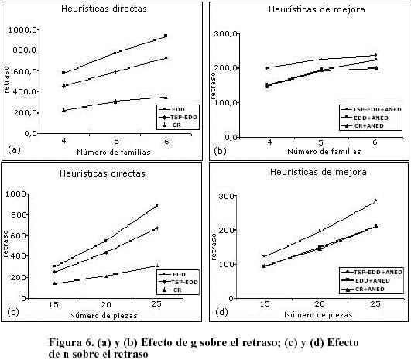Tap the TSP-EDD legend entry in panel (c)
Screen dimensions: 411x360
178,282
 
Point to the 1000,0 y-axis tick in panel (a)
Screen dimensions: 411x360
22,29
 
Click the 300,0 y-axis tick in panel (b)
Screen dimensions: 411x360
226,33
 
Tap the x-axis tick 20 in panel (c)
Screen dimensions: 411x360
106,304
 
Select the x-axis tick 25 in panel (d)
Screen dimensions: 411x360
375,303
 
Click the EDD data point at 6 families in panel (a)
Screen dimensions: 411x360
166,36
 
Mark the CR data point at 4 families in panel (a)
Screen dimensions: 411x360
63,111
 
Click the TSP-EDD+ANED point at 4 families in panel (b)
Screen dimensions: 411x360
267,68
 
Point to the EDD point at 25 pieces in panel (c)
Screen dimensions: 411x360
157,206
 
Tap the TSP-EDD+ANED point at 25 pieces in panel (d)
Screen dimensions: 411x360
375,201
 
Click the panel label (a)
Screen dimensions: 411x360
14,149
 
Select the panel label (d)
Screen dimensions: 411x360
221,312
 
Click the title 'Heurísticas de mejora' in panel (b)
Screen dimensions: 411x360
317,9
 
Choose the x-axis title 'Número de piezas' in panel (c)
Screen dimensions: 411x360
103,315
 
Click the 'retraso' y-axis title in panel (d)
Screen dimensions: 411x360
214,247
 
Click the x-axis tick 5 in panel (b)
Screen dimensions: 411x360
321,142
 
